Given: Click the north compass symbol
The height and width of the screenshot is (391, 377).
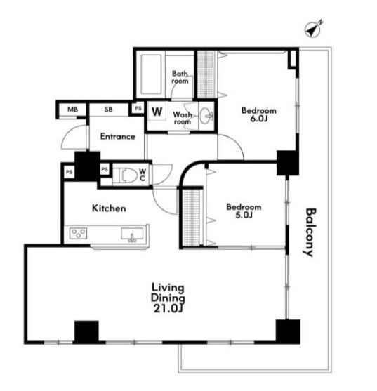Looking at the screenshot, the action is tap(313, 29).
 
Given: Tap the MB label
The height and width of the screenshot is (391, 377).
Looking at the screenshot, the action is tap(72, 110).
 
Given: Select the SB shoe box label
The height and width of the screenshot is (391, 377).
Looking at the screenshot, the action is tap(108, 110).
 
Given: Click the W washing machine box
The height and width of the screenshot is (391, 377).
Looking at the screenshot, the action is tap(157, 112).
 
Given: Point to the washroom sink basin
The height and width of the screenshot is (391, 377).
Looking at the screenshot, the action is tap(206, 116).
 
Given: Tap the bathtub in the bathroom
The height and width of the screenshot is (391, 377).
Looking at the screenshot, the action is tap(151, 74).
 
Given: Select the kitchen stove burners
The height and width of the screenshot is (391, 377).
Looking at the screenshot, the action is tap(78, 233).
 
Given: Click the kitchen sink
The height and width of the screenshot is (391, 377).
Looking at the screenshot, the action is tap(132, 234).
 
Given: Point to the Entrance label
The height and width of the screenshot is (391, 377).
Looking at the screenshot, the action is tap(117, 136).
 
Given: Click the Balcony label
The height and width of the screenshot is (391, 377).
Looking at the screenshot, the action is tap(310, 232).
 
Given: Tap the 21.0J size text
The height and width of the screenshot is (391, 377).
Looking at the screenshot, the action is tap(168, 309).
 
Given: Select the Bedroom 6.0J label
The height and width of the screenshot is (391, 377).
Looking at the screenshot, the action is tap(259, 114).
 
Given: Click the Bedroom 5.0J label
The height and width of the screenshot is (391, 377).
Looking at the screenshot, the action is tap(244, 211).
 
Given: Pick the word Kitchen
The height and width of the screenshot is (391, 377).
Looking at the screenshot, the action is tap(109, 208).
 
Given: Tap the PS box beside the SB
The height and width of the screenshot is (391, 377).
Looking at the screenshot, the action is tap(138, 108).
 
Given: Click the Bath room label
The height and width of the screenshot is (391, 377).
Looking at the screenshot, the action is tap(180, 77).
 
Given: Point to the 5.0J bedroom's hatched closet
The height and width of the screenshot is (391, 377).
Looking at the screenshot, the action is tap(191, 218).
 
